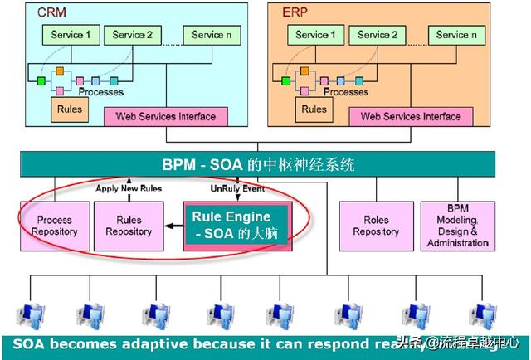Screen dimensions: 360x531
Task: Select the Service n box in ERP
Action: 455,36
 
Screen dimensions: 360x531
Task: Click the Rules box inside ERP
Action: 313,109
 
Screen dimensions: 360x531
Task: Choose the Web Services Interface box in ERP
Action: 411,117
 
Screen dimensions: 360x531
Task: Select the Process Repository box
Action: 55,226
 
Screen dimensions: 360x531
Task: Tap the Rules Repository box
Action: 129,226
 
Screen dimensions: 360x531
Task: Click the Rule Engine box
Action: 236,226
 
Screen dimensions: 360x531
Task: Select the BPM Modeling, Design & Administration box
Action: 458,226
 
